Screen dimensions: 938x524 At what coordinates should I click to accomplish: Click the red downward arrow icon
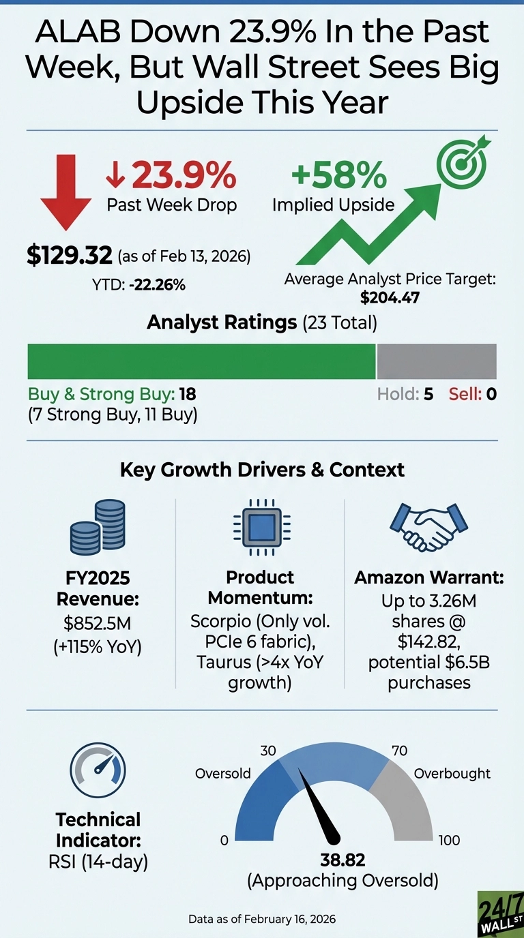tap(65, 186)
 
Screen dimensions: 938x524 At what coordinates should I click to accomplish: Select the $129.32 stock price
tap(69, 256)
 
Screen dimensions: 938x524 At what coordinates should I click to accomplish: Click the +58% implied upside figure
tap(338, 175)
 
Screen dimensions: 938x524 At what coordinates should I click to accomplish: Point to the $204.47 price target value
tap(390, 297)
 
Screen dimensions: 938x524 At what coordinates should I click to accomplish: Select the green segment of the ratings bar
tap(201, 361)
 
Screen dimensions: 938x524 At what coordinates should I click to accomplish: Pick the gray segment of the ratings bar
tap(437, 361)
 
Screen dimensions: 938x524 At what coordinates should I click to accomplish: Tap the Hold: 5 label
tap(405, 394)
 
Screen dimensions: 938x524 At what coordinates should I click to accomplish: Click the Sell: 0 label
tap(472, 394)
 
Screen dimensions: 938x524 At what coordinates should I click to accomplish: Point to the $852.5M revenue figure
tap(98, 624)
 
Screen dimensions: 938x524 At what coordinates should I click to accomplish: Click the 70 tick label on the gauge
tap(400, 751)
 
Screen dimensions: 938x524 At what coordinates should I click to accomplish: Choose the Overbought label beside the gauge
tap(452, 773)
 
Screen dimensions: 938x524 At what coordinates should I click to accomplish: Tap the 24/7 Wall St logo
tap(499, 913)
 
